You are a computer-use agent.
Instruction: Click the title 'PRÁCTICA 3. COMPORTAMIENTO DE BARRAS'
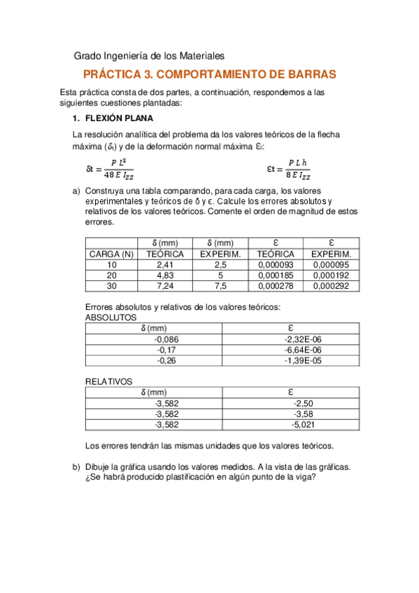(x=209, y=74)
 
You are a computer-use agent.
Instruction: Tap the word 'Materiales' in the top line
(x=201, y=55)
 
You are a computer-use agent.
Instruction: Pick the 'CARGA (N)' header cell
(x=112, y=255)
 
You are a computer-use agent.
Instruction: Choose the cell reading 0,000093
(x=276, y=266)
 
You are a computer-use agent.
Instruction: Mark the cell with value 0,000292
(x=331, y=286)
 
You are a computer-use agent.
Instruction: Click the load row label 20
(x=112, y=276)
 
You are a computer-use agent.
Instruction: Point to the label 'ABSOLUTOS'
(x=111, y=317)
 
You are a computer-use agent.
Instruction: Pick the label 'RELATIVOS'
(x=108, y=382)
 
